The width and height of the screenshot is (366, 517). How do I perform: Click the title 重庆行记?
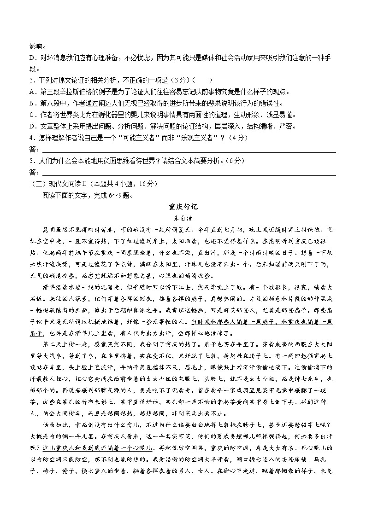(183, 207)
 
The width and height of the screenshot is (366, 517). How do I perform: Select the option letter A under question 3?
(31, 92)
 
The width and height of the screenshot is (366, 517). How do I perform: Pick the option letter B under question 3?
(31, 103)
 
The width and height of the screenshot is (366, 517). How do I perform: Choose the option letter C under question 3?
(31, 115)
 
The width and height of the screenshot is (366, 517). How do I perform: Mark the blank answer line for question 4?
(189, 151)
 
